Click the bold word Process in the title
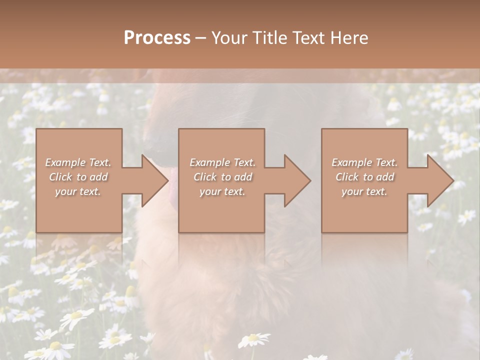point(157,38)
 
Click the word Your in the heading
point(229,38)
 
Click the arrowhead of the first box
point(155,180)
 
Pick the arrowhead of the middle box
point(298,180)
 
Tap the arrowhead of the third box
point(440,180)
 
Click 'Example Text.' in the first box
point(78,162)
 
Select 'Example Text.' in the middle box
point(222,162)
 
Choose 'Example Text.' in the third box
point(364,162)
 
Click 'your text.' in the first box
point(78,191)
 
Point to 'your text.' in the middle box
point(222,191)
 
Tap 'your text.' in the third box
point(364,191)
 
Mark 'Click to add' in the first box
point(78,177)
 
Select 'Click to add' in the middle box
point(222,177)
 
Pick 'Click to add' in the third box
point(365,177)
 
